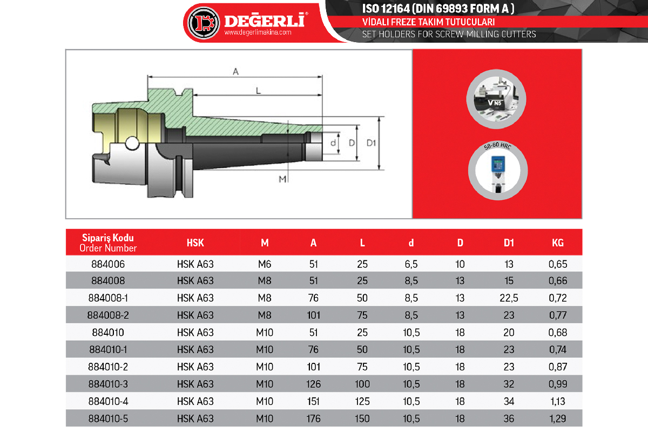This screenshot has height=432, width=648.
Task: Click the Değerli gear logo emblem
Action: (203, 23)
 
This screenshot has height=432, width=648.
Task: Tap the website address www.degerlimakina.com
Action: (258, 32)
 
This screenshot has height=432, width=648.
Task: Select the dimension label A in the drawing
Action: (236, 71)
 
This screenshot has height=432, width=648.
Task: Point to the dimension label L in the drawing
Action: (258, 91)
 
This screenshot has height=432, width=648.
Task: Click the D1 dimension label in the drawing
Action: (371, 143)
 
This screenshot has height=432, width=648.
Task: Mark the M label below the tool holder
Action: (282, 179)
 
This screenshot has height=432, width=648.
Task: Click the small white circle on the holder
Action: (132, 143)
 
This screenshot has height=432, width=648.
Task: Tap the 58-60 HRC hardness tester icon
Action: (498, 171)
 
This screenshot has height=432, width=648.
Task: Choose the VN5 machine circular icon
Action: (496, 99)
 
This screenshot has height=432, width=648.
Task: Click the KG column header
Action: (557, 243)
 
